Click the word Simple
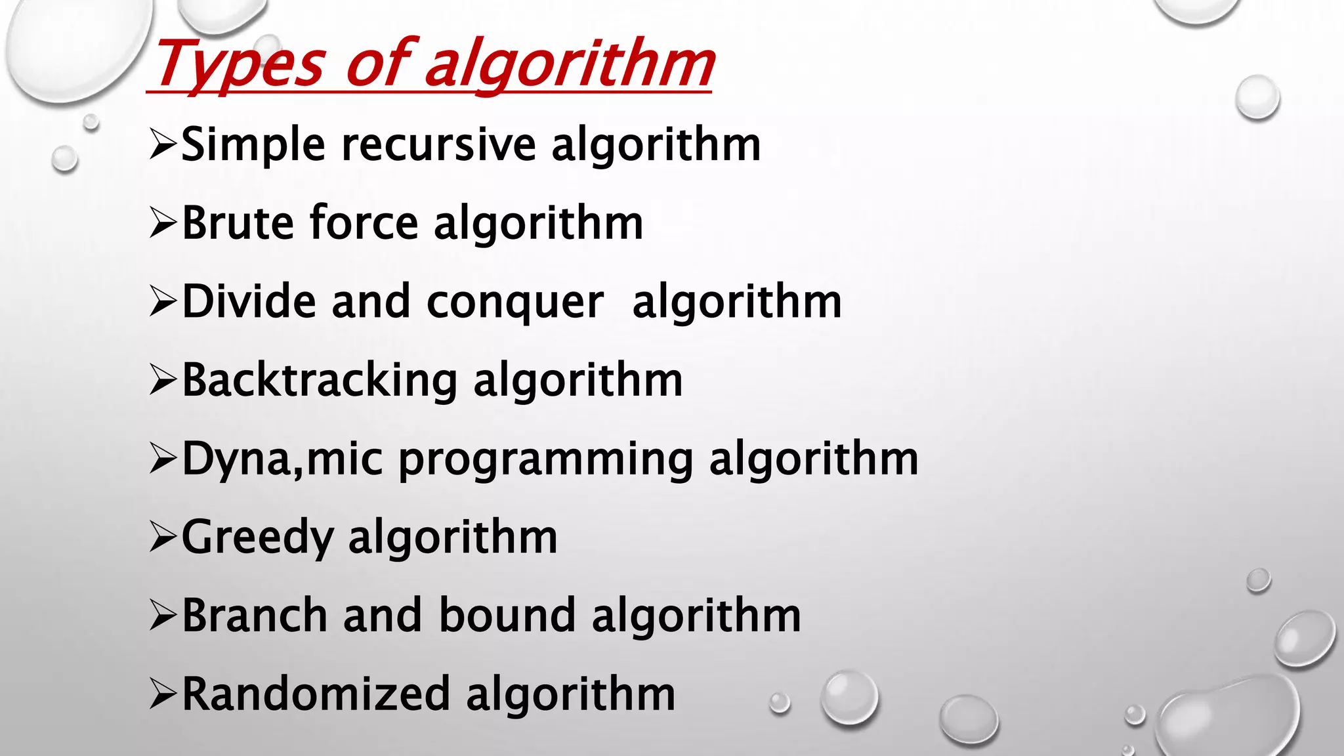click(253, 145)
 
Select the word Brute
click(238, 223)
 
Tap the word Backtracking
click(320, 381)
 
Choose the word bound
click(507, 616)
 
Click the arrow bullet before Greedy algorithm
click(163, 537)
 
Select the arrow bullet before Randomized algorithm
click(163, 694)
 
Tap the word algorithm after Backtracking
click(577, 381)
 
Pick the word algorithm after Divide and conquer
click(736, 302)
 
